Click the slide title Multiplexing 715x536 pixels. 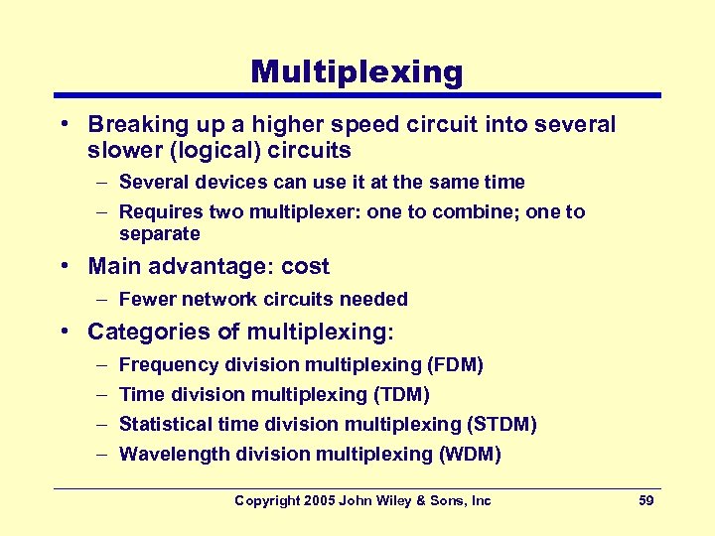(357, 71)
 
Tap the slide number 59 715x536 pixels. (645, 500)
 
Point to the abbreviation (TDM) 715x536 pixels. (400, 395)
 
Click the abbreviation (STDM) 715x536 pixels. (501, 425)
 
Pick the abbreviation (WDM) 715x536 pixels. (469, 455)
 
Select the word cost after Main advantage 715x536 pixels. (305, 266)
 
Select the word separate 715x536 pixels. (159, 234)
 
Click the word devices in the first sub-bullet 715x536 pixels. (228, 183)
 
